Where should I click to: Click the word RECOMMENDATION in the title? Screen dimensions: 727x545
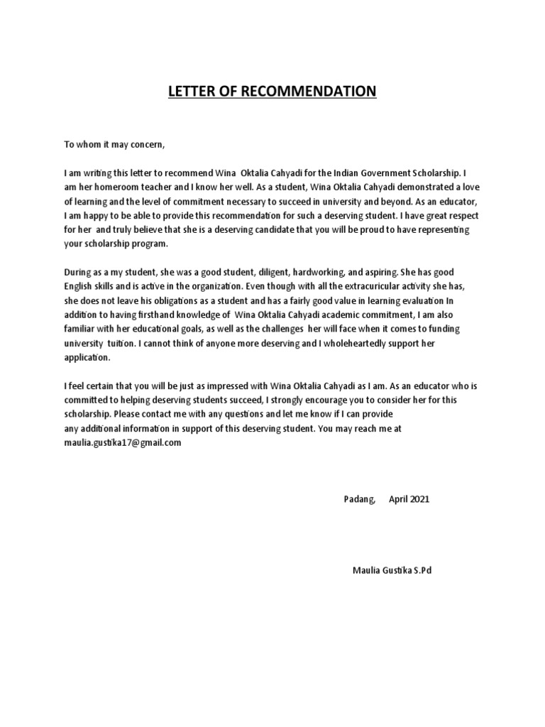(x=316, y=92)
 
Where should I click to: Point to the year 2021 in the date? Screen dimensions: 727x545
(x=419, y=499)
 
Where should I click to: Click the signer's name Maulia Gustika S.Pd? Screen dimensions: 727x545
(x=391, y=570)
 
